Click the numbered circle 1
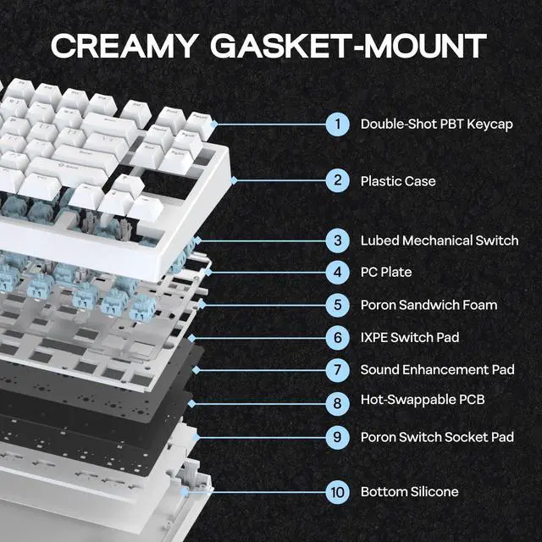(x=338, y=124)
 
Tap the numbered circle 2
(x=338, y=180)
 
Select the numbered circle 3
(x=338, y=241)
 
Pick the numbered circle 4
(x=338, y=273)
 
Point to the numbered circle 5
(x=338, y=305)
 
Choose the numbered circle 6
(x=338, y=337)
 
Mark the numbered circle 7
(x=338, y=369)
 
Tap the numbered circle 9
(x=338, y=437)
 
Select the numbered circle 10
(x=338, y=491)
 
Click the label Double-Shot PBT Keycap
(x=436, y=124)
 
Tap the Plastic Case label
(x=398, y=181)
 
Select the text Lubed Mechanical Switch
(x=439, y=241)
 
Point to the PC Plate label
(x=386, y=273)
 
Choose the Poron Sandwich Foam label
(x=429, y=305)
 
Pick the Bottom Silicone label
(x=409, y=491)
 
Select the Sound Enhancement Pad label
(x=437, y=369)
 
